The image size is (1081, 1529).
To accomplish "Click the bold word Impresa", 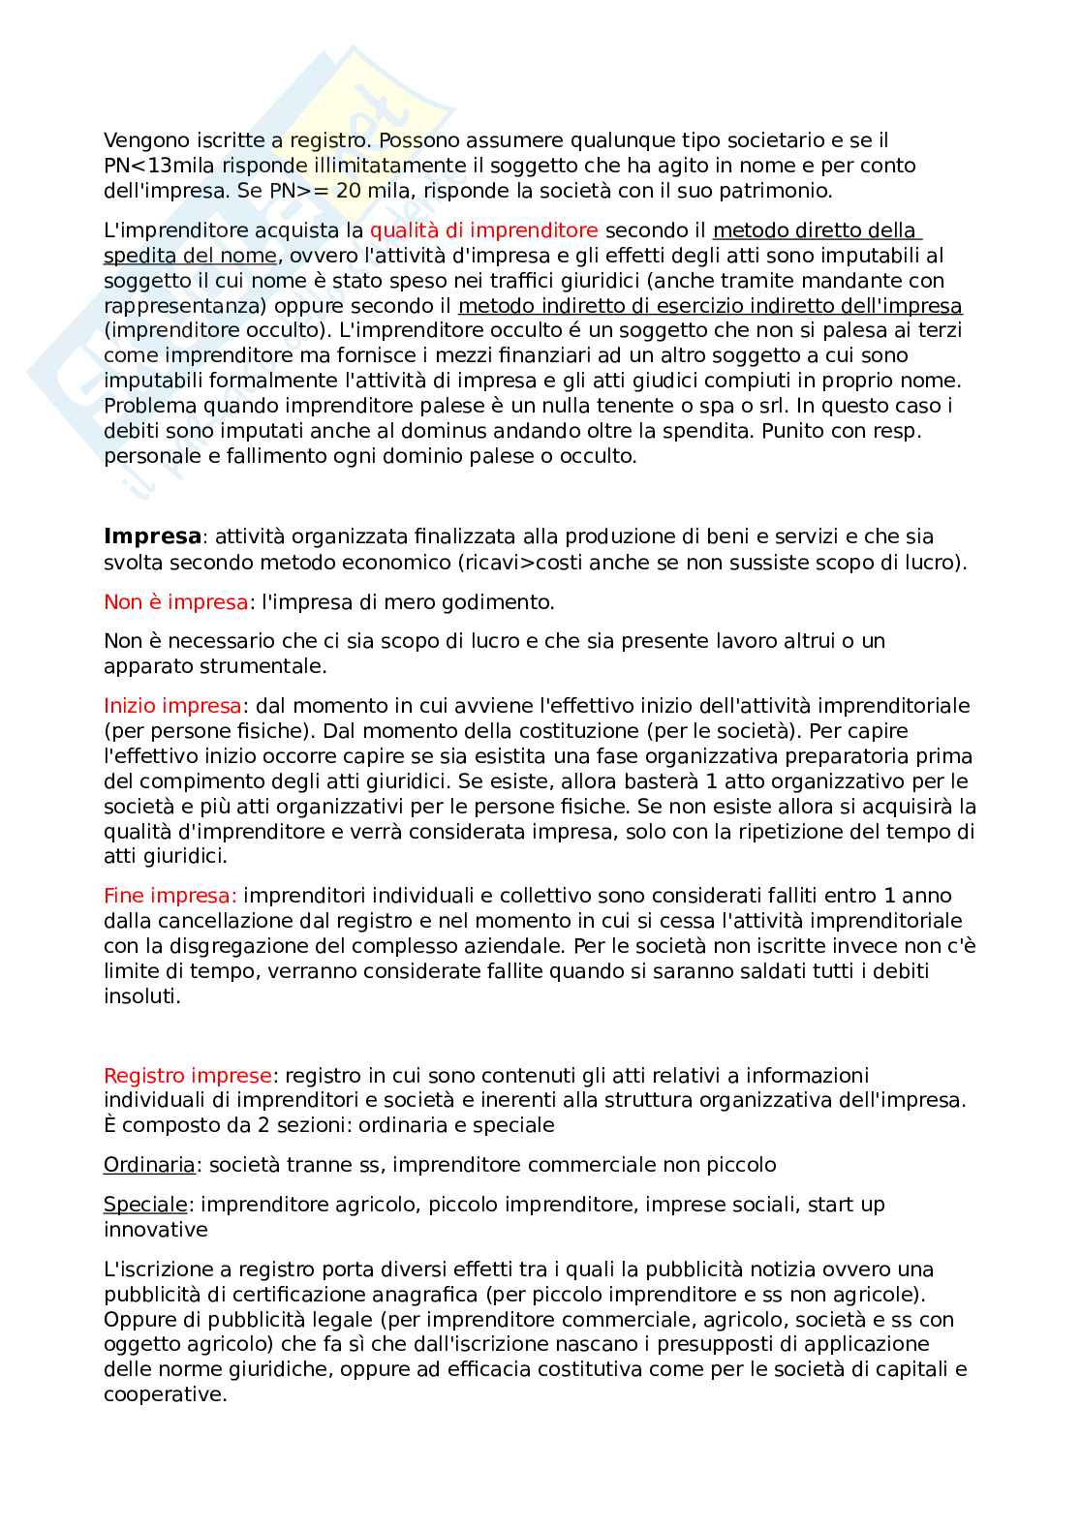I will (152, 536).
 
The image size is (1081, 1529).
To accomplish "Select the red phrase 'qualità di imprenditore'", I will (483, 230).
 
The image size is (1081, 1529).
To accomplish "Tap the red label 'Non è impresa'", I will (175, 602).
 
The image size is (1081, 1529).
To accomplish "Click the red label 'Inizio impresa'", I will (172, 706).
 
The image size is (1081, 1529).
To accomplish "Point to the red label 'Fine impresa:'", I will (170, 896).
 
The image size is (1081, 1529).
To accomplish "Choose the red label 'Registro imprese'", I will (188, 1076).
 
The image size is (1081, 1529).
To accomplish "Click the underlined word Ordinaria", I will (149, 1165).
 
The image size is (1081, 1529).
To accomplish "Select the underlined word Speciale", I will (145, 1205).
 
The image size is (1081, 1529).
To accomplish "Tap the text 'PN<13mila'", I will (160, 166).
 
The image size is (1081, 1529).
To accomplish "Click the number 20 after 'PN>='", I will (349, 191).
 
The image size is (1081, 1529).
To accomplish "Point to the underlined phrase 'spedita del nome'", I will (190, 256).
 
